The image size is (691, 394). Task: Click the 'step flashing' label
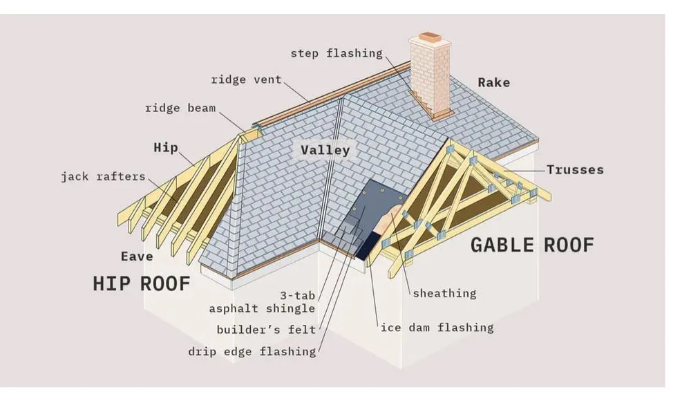point(336,53)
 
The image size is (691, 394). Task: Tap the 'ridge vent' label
point(247,79)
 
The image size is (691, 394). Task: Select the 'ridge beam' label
point(180,108)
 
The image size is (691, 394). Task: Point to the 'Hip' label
point(166,147)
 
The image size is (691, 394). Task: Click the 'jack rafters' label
point(103,176)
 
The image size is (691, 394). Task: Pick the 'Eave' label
point(137,256)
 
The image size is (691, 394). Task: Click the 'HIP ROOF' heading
point(141,283)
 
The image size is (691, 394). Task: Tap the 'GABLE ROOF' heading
point(532,244)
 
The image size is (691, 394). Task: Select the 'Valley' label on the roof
point(325,150)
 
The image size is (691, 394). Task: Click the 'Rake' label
point(493,82)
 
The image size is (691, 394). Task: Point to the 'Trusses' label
point(575,169)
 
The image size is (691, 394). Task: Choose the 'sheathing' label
point(444,293)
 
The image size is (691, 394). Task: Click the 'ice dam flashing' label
point(437,327)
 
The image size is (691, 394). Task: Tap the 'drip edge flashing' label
point(252,351)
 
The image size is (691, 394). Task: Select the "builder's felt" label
point(265,330)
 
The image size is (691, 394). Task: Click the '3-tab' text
point(298,295)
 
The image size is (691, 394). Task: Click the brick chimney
point(430,76)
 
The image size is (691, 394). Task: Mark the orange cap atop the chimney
point(429,36)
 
